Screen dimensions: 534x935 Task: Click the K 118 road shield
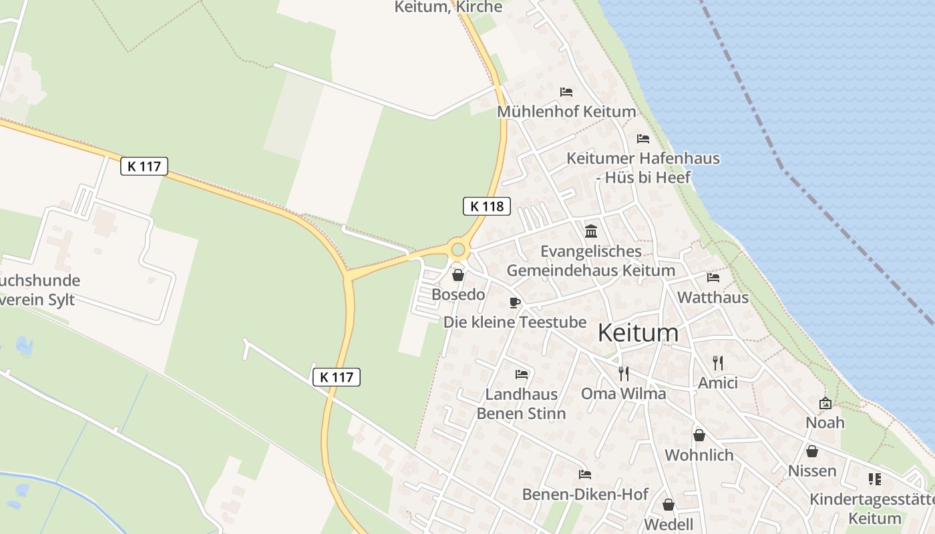487,206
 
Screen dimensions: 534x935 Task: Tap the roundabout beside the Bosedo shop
457,250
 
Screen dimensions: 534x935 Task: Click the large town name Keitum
638,332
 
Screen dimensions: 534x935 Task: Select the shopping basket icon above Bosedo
458,275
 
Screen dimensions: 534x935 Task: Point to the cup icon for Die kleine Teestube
514,302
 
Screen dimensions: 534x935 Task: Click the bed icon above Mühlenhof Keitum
566,92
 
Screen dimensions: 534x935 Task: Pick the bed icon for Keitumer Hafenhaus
643,139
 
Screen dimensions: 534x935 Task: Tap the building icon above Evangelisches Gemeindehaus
591,232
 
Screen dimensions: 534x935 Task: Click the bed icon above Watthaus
713,278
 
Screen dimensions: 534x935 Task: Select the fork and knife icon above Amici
718,363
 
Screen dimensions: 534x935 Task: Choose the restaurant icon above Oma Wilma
624,374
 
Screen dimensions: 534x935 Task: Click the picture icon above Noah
825,403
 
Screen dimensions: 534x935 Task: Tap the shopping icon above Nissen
812,452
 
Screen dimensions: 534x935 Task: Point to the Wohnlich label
699,455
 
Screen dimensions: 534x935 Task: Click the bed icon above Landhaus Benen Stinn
522,374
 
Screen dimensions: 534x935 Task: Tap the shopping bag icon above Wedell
669,505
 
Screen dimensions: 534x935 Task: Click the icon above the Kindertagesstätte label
874,479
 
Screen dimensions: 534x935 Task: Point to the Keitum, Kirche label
448,7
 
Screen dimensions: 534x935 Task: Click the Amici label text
718,383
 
